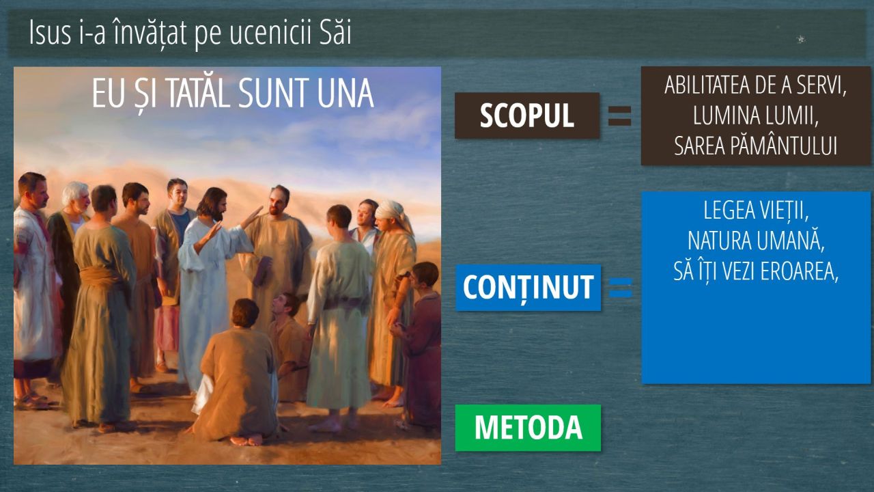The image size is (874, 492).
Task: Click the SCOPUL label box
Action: click(527, 115)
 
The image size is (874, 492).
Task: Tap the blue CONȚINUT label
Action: click(528, 288)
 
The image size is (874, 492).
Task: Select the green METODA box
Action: click(528, 428)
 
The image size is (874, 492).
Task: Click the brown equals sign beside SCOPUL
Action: click(619, 116)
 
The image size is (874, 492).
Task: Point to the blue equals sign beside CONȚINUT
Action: click(621, 288)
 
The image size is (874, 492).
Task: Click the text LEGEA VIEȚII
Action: click(756, 211)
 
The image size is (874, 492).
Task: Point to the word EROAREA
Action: click(800, 271)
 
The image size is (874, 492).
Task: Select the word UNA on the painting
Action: click(346, 94)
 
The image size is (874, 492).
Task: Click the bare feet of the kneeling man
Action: click(246, 441)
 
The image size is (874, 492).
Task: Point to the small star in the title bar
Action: click(801, 39)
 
